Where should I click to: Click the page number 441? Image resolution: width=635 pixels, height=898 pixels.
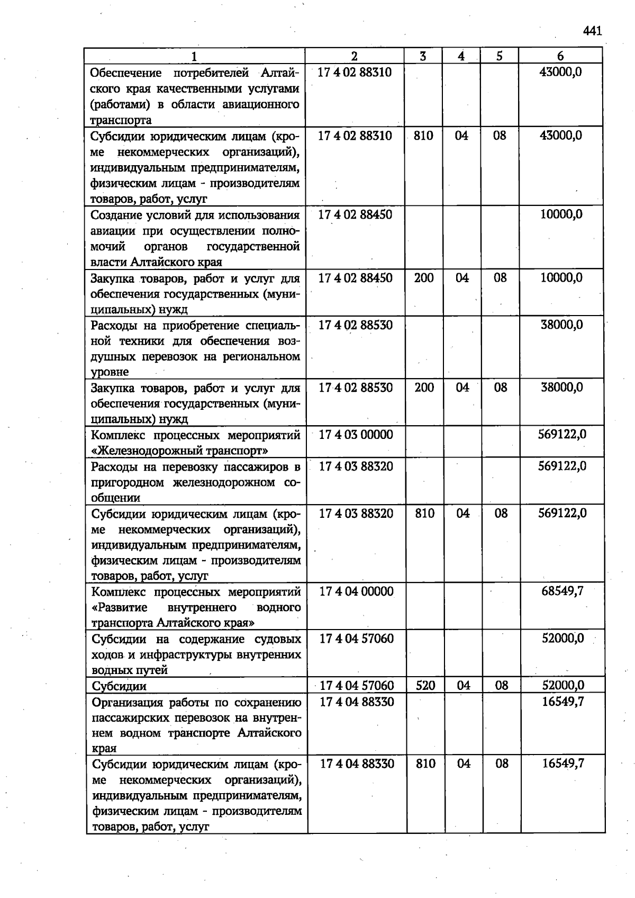click(x=593, y=31)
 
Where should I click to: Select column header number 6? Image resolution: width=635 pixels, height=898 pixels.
click(x=560, y=56)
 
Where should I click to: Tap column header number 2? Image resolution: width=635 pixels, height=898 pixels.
click(x=354, y=56)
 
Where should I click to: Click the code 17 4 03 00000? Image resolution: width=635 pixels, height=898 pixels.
click(x=356, y=435)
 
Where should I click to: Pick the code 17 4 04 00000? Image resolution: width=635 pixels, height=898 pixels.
click(x=356, y=591)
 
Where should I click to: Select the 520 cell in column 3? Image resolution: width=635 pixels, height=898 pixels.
click(x=425, y=685)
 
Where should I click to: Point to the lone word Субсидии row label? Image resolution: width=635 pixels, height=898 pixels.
click(x=119, y=686)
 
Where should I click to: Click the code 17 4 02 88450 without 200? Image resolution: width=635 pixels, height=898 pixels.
click(x=355, y=214)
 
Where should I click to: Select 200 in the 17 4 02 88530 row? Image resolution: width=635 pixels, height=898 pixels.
click(x=424, y=388)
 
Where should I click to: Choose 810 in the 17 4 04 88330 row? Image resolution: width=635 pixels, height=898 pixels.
click(x=425, y=764)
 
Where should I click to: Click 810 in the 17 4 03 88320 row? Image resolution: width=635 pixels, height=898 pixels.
click(x=424, y=513)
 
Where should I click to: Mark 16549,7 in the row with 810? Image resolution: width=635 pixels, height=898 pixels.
click(x=563, y=764)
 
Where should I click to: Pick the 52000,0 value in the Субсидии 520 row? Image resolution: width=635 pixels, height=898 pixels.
click(x=563, y=685)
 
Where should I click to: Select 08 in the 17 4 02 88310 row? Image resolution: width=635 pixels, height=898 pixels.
click(x=500, y=136)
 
